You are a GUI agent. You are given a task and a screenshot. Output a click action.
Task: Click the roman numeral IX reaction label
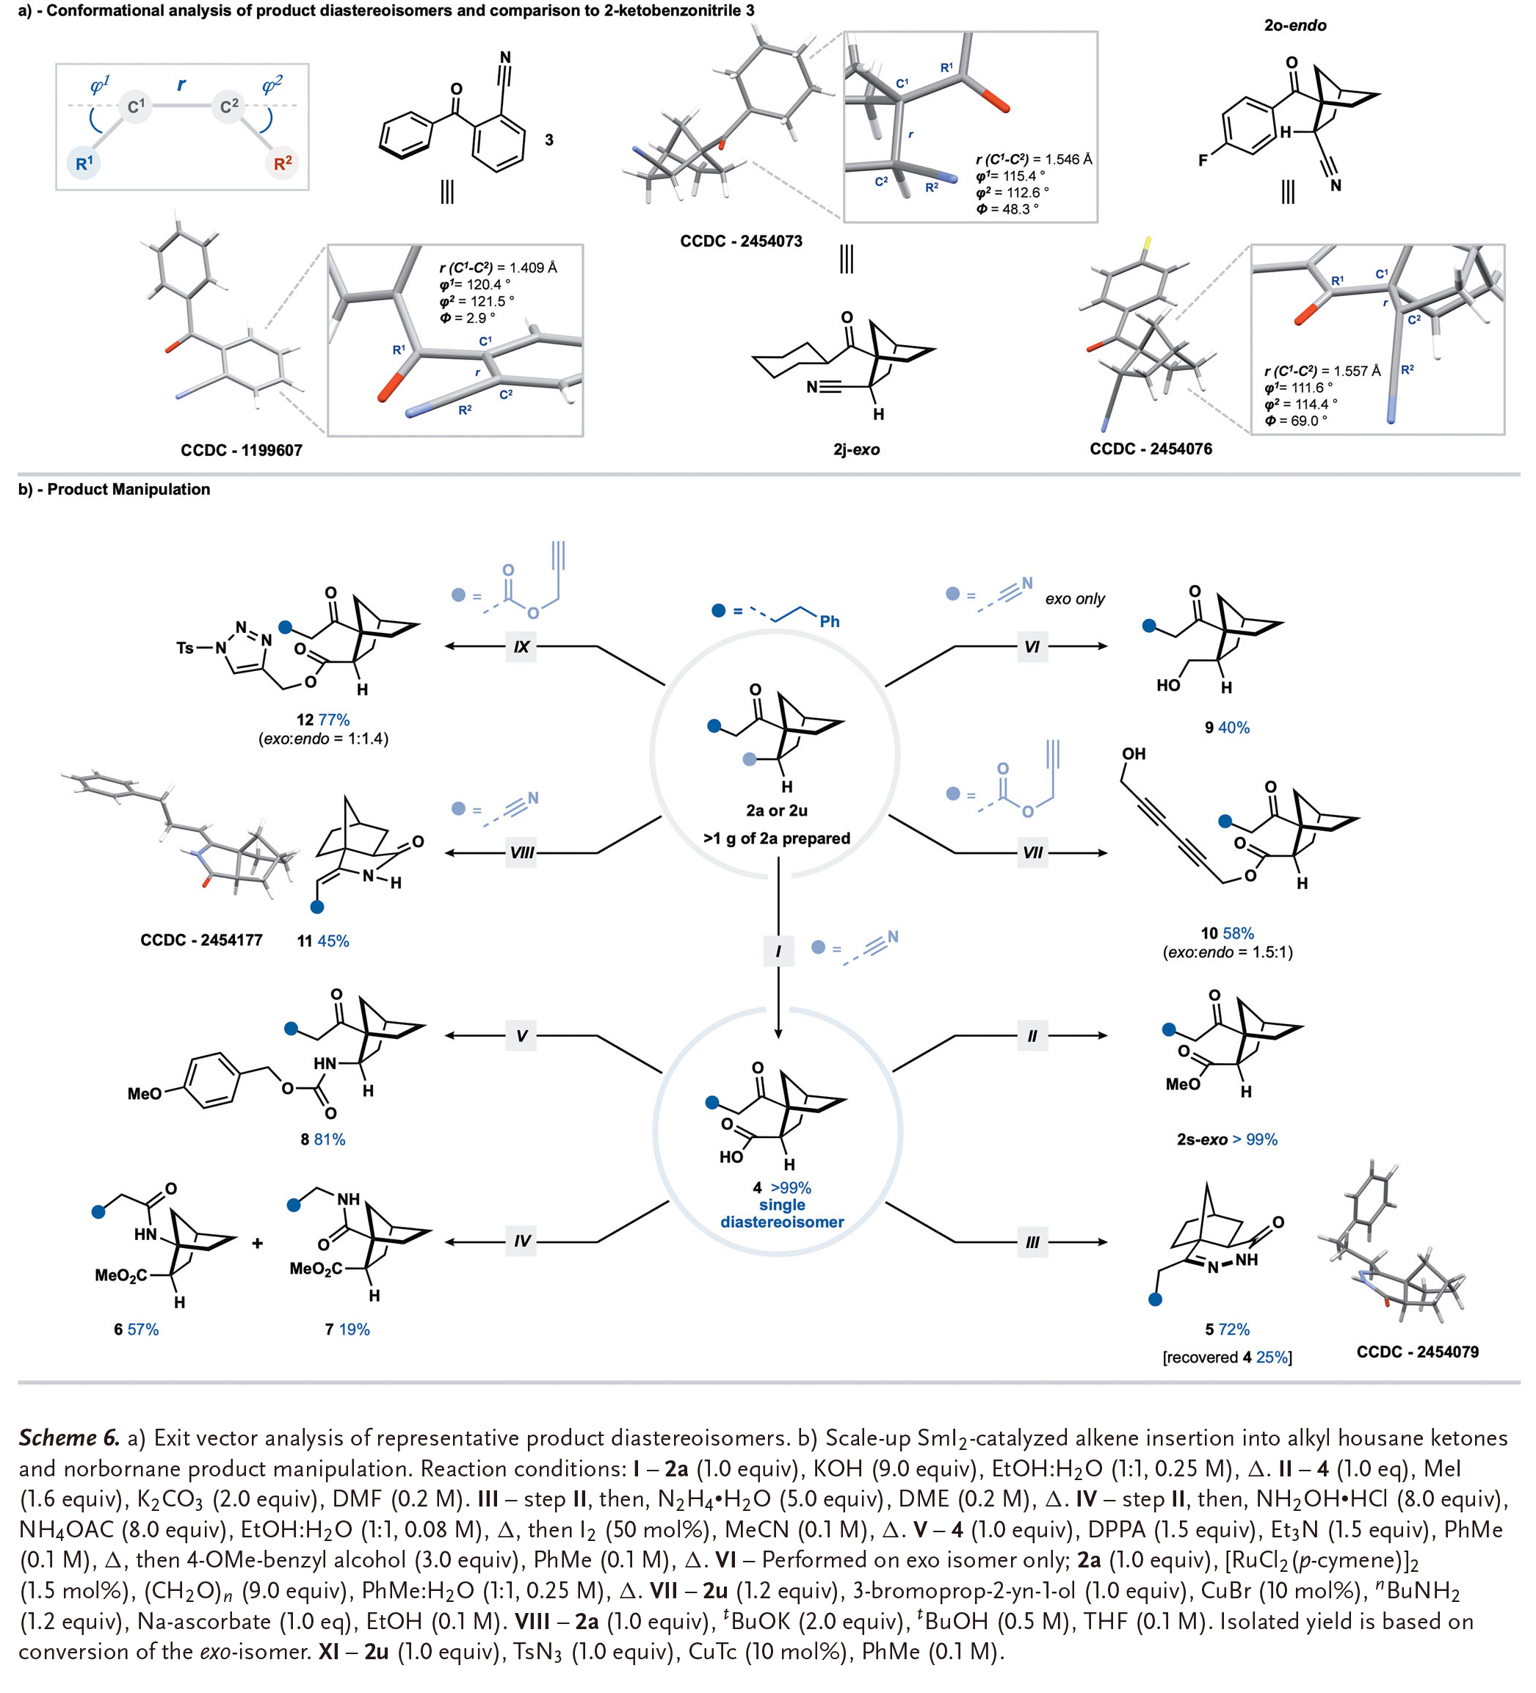pyautogui.click(x=521, y=647)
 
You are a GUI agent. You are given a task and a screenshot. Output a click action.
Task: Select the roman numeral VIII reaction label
pyautogui.click(x=521, y=853)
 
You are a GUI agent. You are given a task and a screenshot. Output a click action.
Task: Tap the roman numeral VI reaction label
pyautogui.click(x=1032, y=647)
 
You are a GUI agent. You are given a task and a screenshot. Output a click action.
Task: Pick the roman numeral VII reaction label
pyautogui.click(x=1032, y=853)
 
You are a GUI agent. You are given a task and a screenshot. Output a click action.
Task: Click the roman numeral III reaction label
pyautogui.click(x=1032, y=1242)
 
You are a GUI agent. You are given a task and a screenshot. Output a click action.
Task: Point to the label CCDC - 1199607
pyautogui.click(x=241, y=450)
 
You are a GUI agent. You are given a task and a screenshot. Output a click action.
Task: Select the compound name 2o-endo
pyautogui.click(x=1295, y=25)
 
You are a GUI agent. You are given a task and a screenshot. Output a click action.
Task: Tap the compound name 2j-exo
pyautogui.click(x=856, y=449)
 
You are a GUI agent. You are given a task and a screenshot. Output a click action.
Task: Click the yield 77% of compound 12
pyautogui.click(x=334, y=719)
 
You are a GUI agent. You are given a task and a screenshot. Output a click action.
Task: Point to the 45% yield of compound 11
pyautogui.click(x=333, y=941)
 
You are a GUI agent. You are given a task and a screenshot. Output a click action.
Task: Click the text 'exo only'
pyautogui.click(x=1074, y=599)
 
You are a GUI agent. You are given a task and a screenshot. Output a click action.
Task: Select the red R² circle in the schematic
pyautogui.click(x=282, y=163)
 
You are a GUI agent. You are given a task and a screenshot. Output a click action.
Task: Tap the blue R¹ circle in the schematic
pyautogui.click(x=84, y=163)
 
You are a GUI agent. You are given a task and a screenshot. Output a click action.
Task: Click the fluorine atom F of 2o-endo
pyautogui.click(x=1203, y=159)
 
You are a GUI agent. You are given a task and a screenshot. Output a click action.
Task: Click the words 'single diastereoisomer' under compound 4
pyautogui.click(x=782, y=1214)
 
